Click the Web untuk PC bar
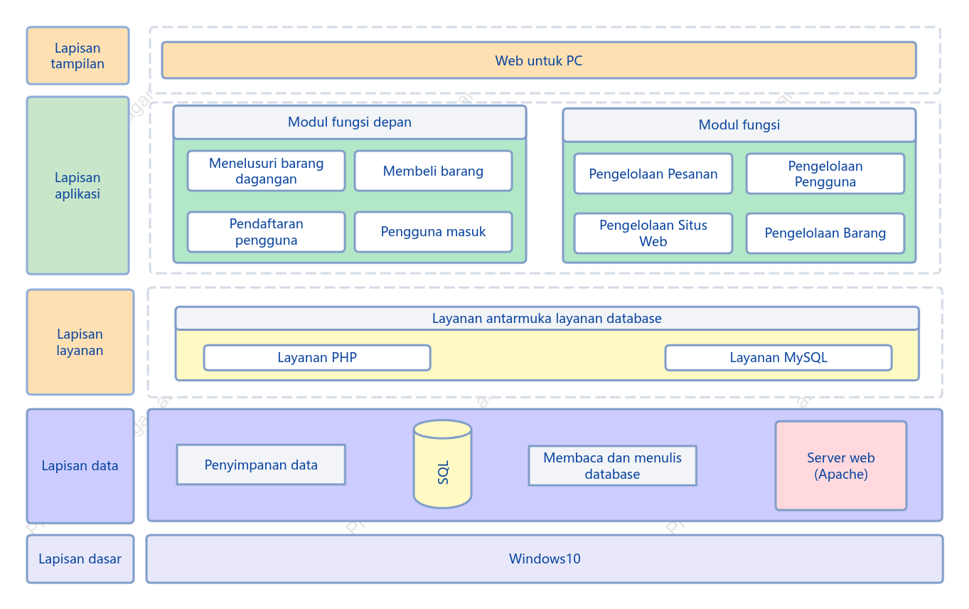pos(539,60)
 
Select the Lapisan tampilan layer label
pos(78,55)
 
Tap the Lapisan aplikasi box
pos(78,185)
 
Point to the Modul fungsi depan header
pos(350,122)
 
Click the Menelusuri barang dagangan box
pos(266,171)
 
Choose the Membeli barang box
pos(433,171)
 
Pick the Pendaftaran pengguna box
pos(266,231)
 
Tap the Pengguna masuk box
pos(433,231)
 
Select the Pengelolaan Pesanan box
pos(653,174)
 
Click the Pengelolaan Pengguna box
pos(825,174)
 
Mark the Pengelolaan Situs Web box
pos(653,233)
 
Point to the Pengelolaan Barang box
pos(825,233)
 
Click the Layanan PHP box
pos(317,358)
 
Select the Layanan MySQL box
pos(778,358)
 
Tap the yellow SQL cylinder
pos(442,464)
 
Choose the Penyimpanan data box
pos(261,465)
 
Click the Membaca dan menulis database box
pos(613,466)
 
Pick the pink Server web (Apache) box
pos(841,466)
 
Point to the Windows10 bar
pos(545,558)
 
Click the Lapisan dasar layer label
pos(80,558)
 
